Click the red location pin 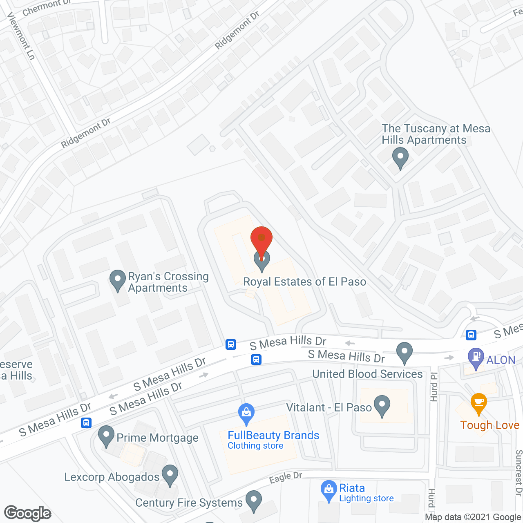pos(261,239)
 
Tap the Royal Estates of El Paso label pos(304,282)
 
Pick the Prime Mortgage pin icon pos(106,436)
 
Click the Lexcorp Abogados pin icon pos(170,475)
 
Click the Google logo pos(28,513)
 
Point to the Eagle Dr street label pos(286,477)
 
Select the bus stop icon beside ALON pos(471,335)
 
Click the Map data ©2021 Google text pos(473,517)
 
